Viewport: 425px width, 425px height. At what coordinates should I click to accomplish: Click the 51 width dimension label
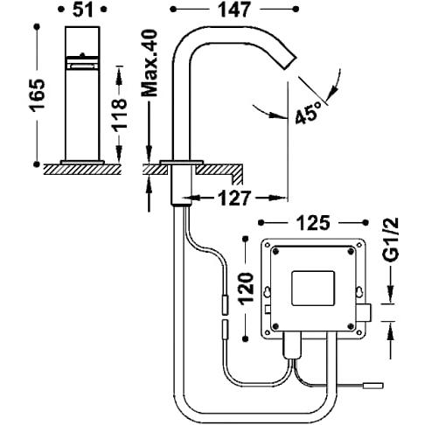pyautogui.click(x=82, y=10)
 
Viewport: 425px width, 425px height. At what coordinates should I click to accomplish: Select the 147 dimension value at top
pyautogui.click(x=234, y=10)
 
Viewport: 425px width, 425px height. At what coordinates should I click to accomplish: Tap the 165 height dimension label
pyautogui.click(x=38, y=95)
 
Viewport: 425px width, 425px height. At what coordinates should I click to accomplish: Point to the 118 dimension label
pyautogui.click(x=120, y=115)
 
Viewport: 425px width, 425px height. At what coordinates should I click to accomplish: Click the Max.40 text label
pyautogui.click(x=150, y=63)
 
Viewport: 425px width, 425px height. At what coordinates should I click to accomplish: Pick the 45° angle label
pyautogui.click(x=308, y=113)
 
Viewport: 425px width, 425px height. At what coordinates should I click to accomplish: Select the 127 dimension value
pyautogui.click(x=234, y=199)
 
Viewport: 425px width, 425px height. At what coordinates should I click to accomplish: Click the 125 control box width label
pyautogui.click(x=313, y=223)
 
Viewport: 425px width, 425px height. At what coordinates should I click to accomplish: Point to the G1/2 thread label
pyautogui.click(x=390, y=240)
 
